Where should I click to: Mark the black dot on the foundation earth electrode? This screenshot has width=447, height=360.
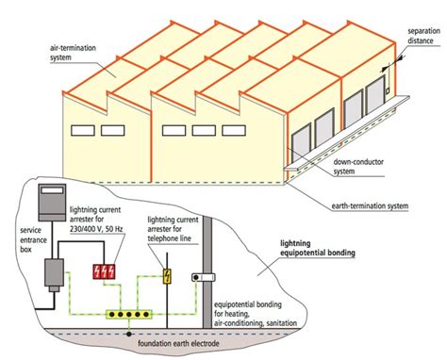[x=129, y=332]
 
